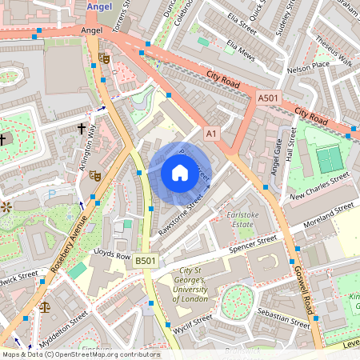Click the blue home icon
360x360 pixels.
(x=180, y=173)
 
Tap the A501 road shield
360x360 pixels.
(x=269, y=97)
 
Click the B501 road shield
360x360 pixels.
(x=146, y=261)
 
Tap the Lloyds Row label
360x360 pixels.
(x=112, y=254)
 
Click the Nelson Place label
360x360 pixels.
(x=309, y=66)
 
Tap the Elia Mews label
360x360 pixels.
(x=240, y=48)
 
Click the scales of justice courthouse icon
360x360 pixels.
(x=44, y=306)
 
